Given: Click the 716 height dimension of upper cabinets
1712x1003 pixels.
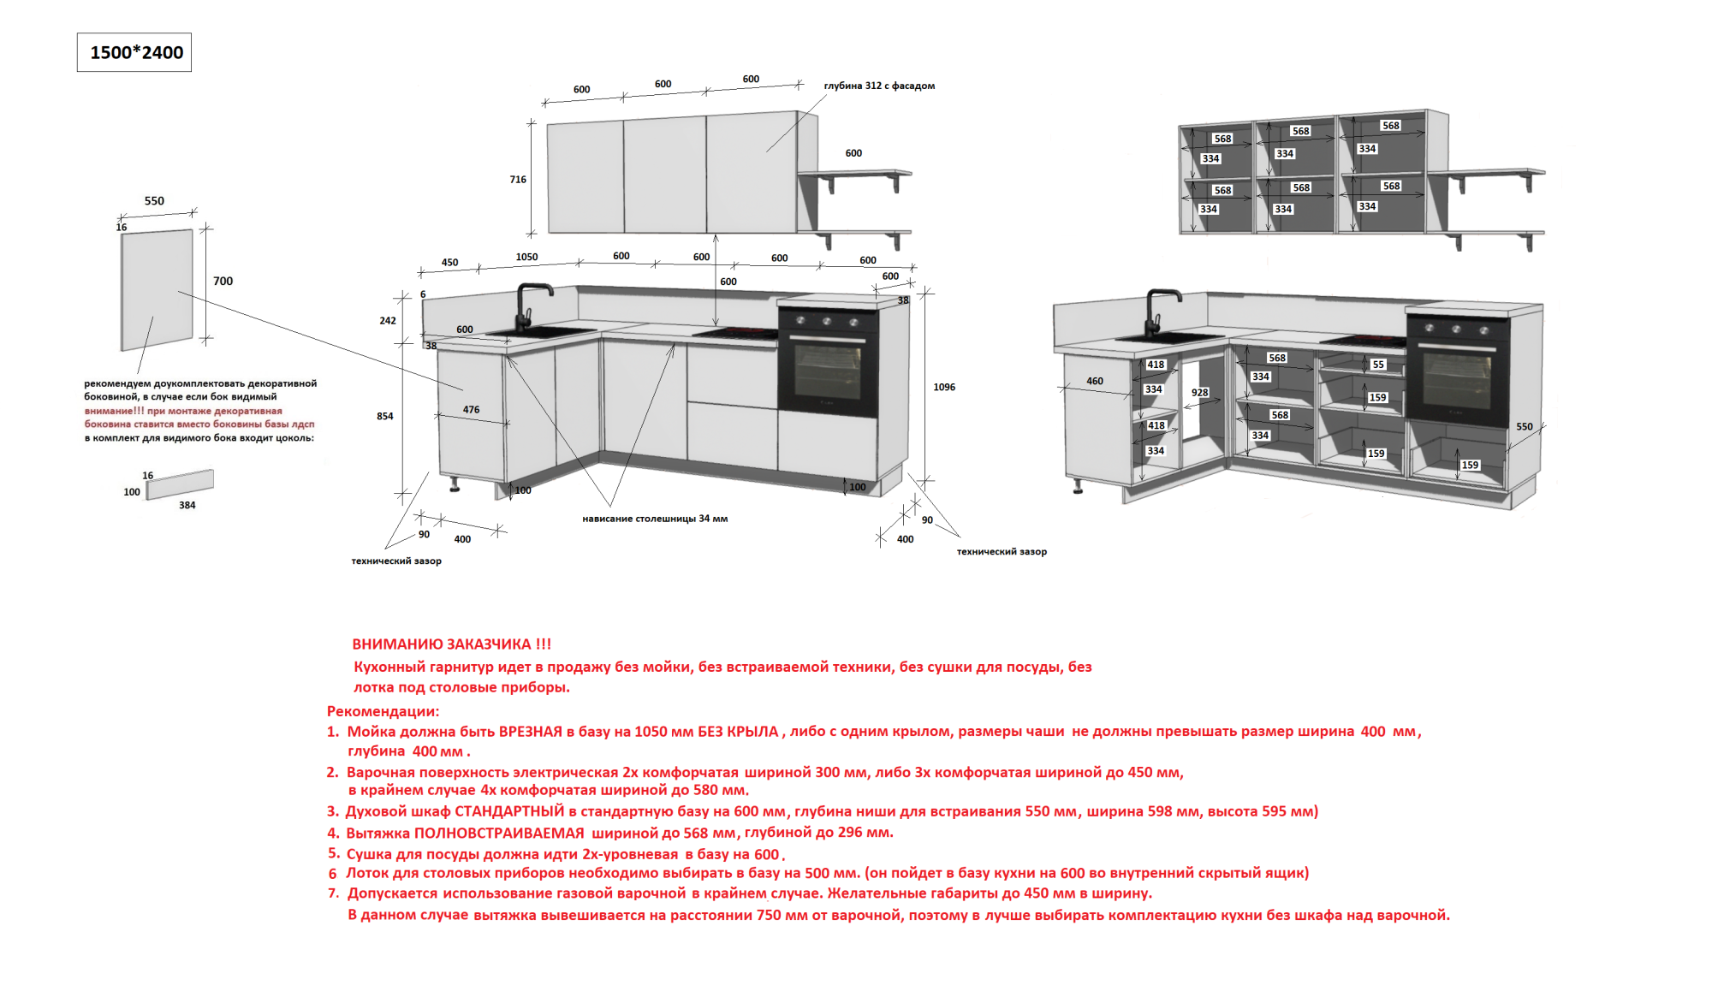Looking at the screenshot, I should point(518,180).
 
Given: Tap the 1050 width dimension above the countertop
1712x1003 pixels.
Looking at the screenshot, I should point(526,257).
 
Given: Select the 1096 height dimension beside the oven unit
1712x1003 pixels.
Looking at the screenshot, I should point(944,387).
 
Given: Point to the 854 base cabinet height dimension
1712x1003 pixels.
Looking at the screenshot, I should point(385,416).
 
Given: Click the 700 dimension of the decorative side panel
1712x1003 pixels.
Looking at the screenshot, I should point(223,281).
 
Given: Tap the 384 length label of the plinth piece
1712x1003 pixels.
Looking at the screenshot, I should point(187,506).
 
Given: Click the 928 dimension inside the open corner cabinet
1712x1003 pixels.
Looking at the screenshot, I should point(1200,393).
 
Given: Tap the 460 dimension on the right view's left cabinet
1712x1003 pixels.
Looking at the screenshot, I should point(1095,381).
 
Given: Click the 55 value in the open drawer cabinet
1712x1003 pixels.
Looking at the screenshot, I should point(1378,365).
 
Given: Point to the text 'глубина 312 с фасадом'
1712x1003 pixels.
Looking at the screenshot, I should point(879,86).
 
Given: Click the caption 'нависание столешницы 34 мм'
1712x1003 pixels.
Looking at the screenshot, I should point(655,519).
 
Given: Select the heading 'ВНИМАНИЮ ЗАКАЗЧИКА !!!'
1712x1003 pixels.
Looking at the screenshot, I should point(452,644).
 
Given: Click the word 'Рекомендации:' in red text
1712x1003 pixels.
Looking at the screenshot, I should point(383,711).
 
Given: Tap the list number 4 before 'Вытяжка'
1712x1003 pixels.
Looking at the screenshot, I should point(333,833).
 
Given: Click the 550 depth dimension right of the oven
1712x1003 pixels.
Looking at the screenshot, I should point(1525,426).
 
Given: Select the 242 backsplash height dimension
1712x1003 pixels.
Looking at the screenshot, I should point(388,321).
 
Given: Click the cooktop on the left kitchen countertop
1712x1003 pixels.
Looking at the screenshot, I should point(734,333).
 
